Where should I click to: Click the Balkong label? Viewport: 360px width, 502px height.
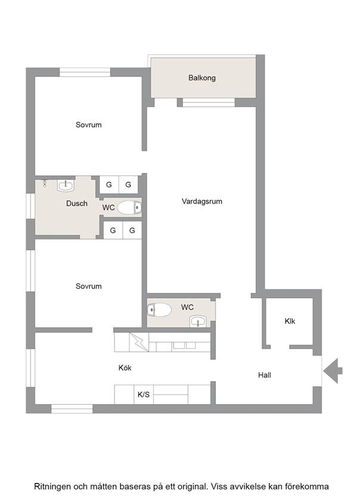[201, 78]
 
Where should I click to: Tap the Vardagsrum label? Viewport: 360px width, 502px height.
[201, 201]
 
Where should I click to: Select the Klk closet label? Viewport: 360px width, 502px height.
[290, 321]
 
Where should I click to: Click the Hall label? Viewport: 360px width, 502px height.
[265, 375]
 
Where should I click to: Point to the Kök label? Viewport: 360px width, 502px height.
[125, 368]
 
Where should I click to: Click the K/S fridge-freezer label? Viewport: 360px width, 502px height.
[143, 394]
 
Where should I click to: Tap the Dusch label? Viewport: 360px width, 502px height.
[77, 203]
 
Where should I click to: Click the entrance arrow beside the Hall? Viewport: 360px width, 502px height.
[333, 371]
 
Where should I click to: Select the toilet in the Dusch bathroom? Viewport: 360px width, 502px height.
[129, 208]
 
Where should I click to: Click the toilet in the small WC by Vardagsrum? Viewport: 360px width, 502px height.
[159, 310]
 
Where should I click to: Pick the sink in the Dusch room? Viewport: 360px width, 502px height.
[66, 185]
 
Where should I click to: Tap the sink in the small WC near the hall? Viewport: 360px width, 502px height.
[198, 321]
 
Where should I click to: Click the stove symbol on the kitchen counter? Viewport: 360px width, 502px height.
[139, 342]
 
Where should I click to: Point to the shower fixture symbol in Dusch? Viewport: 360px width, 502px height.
[45, 183]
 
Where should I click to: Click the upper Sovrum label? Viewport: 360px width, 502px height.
[88, 125]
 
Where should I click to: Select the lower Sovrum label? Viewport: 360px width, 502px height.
[88, 286]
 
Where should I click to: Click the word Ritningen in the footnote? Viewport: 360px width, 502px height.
[52, 487]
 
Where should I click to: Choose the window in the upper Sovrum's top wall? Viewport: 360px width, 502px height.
[85, 72]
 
